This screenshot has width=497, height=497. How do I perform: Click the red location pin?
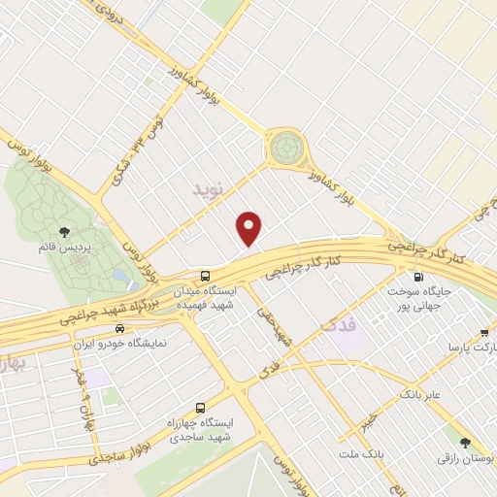[250, 228]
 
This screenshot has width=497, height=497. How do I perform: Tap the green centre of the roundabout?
[285, 149]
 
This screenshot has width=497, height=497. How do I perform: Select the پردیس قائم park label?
[64, 248]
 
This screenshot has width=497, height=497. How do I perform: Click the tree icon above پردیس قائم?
[64, 231]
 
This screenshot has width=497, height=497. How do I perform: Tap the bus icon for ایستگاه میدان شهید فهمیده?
[205, 276]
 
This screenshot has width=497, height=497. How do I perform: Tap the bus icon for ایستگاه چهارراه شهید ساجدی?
[200, 408]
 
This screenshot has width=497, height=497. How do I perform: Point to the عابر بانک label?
[419, 395]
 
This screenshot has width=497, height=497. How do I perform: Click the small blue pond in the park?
[119, 276]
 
